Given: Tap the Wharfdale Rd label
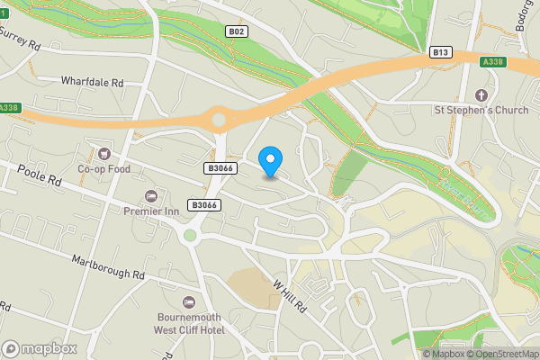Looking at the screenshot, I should [x=92, y=82].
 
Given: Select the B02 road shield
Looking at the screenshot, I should [x=237, y=31].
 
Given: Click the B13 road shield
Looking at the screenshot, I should [x=440, y=52].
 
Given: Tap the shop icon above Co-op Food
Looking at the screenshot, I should [x=104, y=154].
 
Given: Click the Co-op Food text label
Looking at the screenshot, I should [x=104, y=168].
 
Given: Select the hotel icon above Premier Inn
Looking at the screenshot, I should [x=150, y=196].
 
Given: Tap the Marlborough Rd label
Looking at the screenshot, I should [x=109, y=266].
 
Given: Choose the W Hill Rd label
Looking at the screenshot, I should [x=289, y=295].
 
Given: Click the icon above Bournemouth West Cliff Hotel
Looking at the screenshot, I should [x=189, y=302].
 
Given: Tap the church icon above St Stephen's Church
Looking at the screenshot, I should [x=481, y=95].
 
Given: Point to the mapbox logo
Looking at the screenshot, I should [x=39, y=348].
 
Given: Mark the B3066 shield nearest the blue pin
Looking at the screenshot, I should [x=220, y=167].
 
